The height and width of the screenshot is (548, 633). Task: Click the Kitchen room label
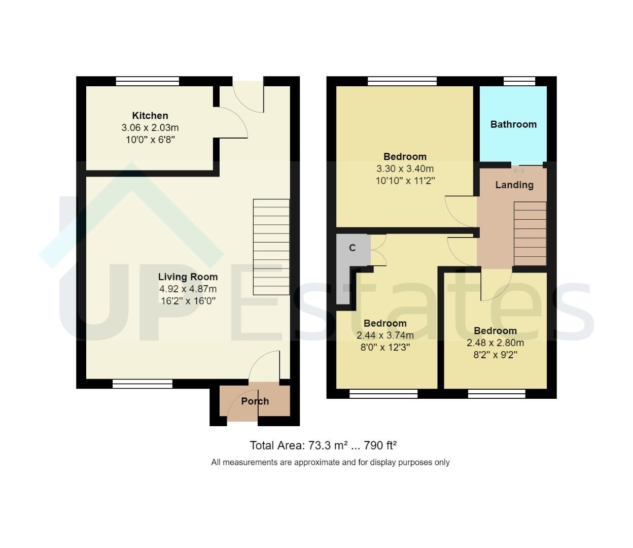(150, 116)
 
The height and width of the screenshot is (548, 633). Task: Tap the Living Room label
(188, 277)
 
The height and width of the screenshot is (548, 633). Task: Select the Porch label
(255, 401)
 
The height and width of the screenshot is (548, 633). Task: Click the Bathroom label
(513, 124)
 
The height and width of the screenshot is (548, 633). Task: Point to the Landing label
(514, 185)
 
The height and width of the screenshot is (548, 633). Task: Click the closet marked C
(352, 248)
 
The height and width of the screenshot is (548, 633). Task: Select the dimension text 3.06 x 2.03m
(150, 128)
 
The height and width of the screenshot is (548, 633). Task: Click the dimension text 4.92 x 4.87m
(188, 289)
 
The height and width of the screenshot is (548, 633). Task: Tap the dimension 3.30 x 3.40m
(405, 169)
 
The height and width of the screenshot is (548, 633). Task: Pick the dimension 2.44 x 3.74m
(385, 335)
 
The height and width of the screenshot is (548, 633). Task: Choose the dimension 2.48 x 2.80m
(495, 343)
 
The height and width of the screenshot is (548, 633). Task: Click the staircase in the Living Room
(271, 247)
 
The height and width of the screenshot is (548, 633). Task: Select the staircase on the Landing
(530, 233)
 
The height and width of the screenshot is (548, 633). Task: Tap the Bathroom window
(519, 81)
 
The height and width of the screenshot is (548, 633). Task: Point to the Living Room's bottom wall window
(143, 384)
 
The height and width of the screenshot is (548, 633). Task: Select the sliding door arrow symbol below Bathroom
(519, 171)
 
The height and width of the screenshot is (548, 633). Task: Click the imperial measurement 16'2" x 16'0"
(188, 301)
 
